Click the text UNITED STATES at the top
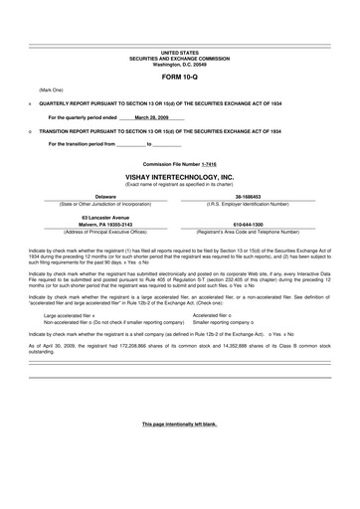click(180, 50)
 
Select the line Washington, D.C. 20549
click(180, 63)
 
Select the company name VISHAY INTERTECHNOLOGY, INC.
click(180, 176)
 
